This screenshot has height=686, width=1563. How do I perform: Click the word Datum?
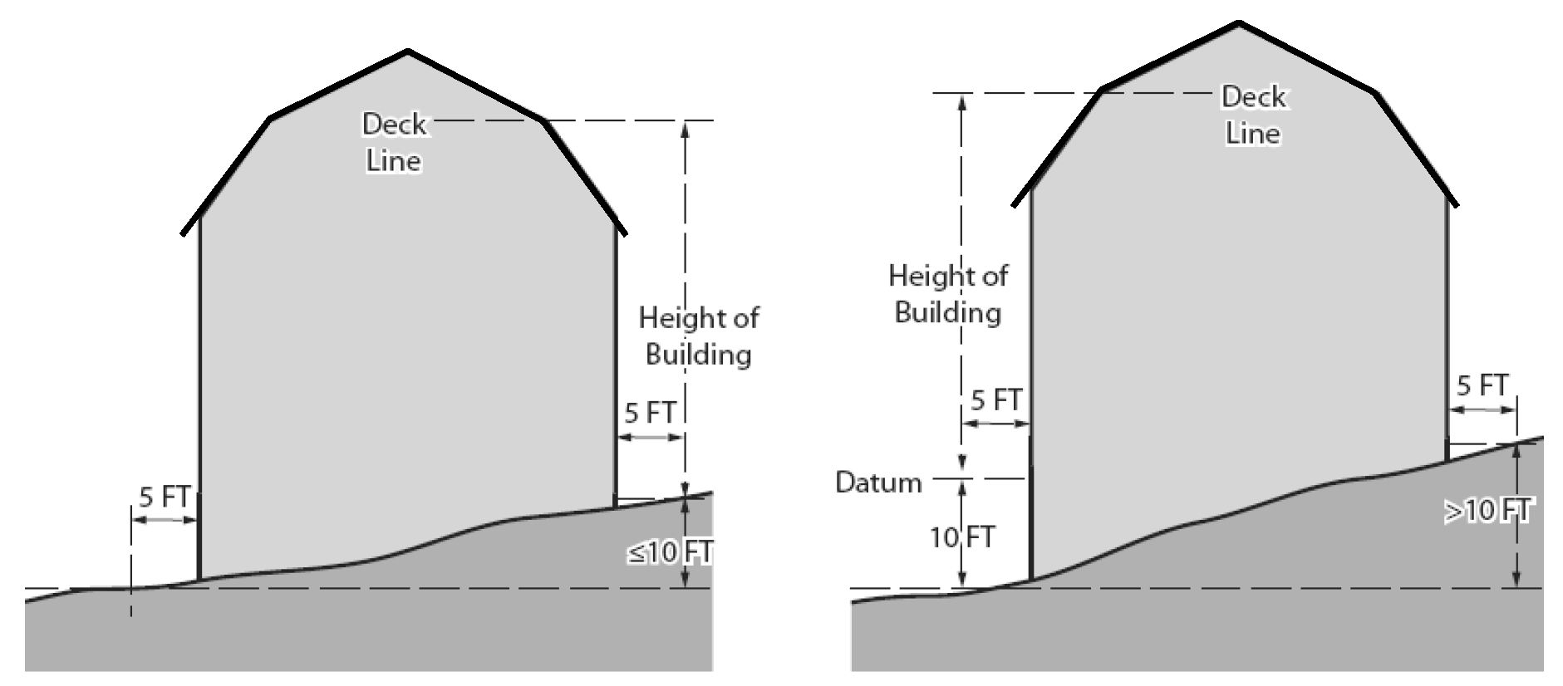coord(878,483)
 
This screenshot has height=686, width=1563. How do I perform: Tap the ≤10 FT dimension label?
coord(670,552)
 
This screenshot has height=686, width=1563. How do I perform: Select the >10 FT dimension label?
coord(1487,512)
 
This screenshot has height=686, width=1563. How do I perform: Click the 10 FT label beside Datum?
coord(961,537)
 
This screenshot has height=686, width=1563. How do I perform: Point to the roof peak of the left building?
coord(407,52)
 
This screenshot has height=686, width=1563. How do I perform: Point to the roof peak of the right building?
coord(1239,23)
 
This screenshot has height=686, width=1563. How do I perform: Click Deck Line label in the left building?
coord(394,142)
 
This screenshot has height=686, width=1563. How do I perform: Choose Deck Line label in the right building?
coord(1253,115)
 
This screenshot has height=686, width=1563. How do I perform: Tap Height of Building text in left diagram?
coord(698,336)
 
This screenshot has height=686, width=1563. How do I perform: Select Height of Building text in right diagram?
coord(948,294)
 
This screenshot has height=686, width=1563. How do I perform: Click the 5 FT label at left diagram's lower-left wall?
coord(165,497)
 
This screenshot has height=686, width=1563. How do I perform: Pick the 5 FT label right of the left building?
coord(650,413)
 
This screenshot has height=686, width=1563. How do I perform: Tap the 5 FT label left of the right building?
coord(995,400)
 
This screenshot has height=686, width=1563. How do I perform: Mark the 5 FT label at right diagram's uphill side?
coord(1482,386)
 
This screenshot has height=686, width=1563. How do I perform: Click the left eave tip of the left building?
coord(182,233)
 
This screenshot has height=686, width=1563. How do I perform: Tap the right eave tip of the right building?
coord(1457,205)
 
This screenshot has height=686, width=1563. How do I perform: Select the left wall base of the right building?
coord(1030,579)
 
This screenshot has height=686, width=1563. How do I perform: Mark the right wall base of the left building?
coord(616,505)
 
